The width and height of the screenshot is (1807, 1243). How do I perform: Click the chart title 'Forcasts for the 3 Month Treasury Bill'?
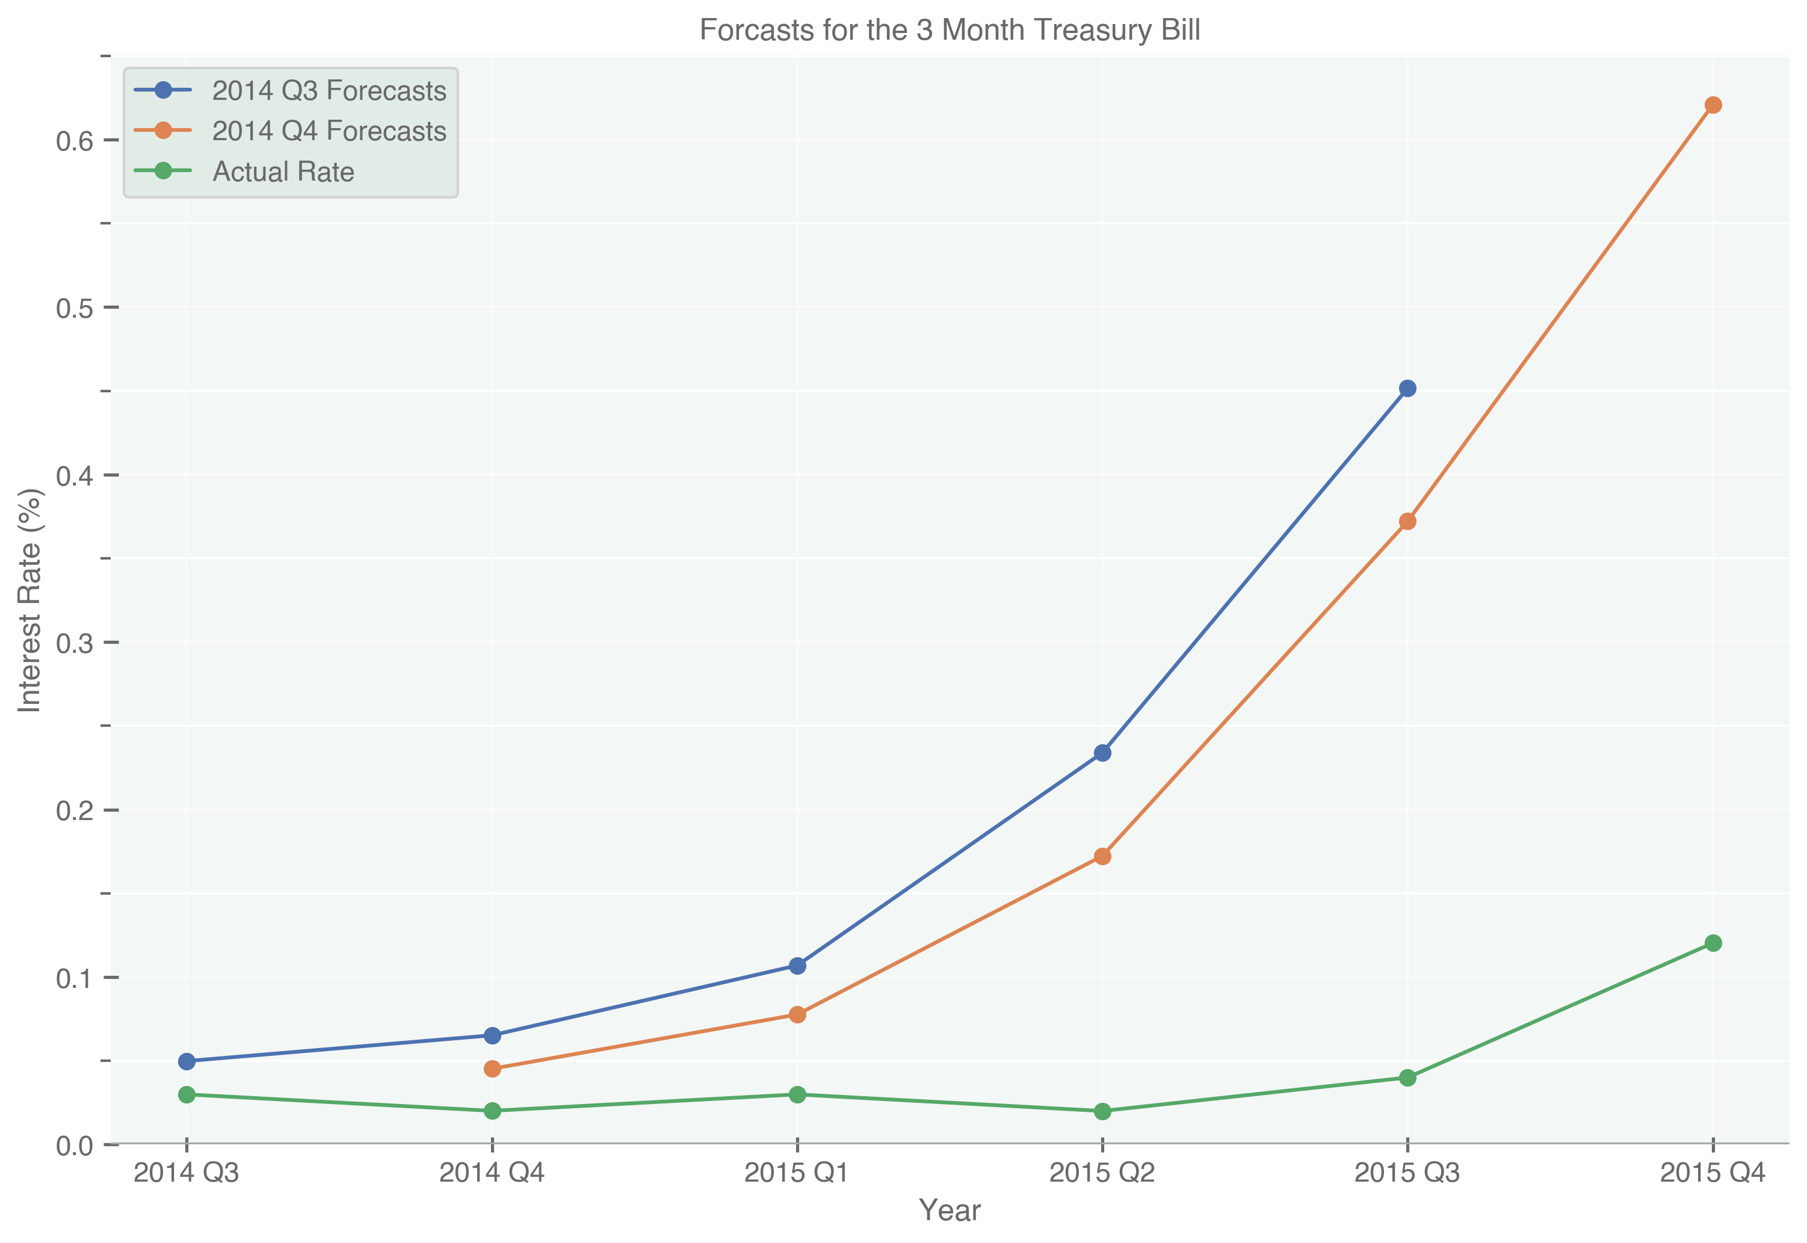949,30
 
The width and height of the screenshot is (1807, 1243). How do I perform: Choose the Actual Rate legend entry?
283,171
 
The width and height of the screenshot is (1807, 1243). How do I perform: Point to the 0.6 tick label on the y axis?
74,141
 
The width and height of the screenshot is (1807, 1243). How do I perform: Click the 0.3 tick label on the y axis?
74,643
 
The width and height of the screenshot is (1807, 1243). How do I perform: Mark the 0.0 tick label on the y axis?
74,1146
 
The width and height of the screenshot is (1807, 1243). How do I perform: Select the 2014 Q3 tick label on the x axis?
186,1173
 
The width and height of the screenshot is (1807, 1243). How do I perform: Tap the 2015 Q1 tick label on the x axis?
797,1173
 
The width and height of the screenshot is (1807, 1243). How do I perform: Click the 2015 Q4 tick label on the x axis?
1712,1173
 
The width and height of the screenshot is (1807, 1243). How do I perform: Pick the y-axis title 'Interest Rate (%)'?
29,600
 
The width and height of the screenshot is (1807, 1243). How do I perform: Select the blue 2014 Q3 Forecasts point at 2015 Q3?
1407,389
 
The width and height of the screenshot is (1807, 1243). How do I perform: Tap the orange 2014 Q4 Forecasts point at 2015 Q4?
1713,105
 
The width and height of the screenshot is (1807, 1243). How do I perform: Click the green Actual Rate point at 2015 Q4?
1713,943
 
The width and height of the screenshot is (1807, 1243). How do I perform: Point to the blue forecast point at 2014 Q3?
186,1061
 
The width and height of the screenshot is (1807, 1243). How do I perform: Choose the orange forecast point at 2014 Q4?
492,1069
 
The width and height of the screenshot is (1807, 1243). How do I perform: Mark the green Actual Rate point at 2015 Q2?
1102,1111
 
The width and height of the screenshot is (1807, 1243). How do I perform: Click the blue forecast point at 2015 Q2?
1102,753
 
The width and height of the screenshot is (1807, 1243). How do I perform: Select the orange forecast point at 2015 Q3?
1407,522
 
